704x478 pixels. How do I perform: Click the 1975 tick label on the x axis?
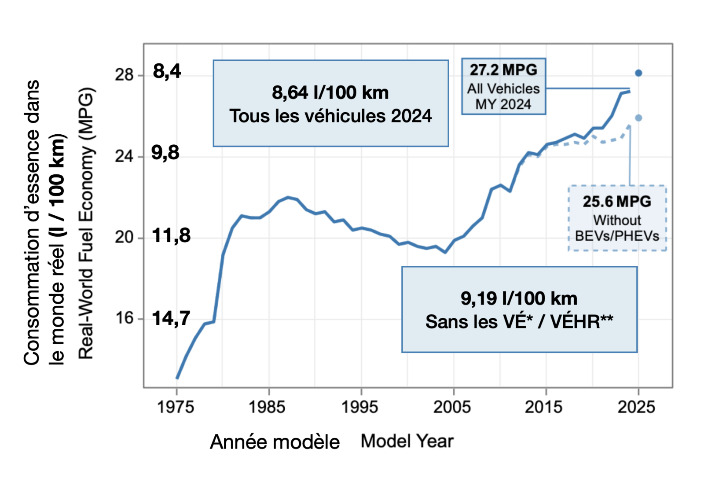pyautogui.click(x=176, y=407)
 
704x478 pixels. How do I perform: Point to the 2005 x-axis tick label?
pyautogui.click(x=452, y=407)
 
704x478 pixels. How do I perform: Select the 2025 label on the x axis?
pyautogui.click(x=636, y=407)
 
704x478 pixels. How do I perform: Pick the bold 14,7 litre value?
pyautogui.click(x=171, y=318)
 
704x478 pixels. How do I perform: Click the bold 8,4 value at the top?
pyautogui.click(x=167, y=71)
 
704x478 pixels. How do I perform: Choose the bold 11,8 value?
pyautogui.click(x=171, y=236)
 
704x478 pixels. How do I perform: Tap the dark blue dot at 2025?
pyautogui.click(x=638, y=73)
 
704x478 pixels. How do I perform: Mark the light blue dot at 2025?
pyautogui.click(x=638, y=118)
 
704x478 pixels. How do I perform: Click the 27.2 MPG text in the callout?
pyautogui.click(x=503, y=70)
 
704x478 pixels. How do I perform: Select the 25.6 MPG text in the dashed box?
pyautogui.click(x=617, y=202)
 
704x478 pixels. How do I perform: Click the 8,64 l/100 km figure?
pyautogui.click(x=330, y=93)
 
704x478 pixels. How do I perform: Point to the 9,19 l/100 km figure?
pyautogui.click(x=519, y=298)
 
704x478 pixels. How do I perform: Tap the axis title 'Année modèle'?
pyautogui.click(x=275, y=442)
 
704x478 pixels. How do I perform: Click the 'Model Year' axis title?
pyautogui.click(x=407, y=441)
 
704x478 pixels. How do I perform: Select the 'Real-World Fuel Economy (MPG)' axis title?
pyautogui.click(x=86, y=224)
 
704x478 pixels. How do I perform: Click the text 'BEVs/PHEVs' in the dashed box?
pyautogui.click(x=617, y=236)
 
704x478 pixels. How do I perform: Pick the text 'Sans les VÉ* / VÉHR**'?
pyautogui.click(x=519, y=322)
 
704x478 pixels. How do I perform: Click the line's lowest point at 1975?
pyautogui.click(x=177, y=378)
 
